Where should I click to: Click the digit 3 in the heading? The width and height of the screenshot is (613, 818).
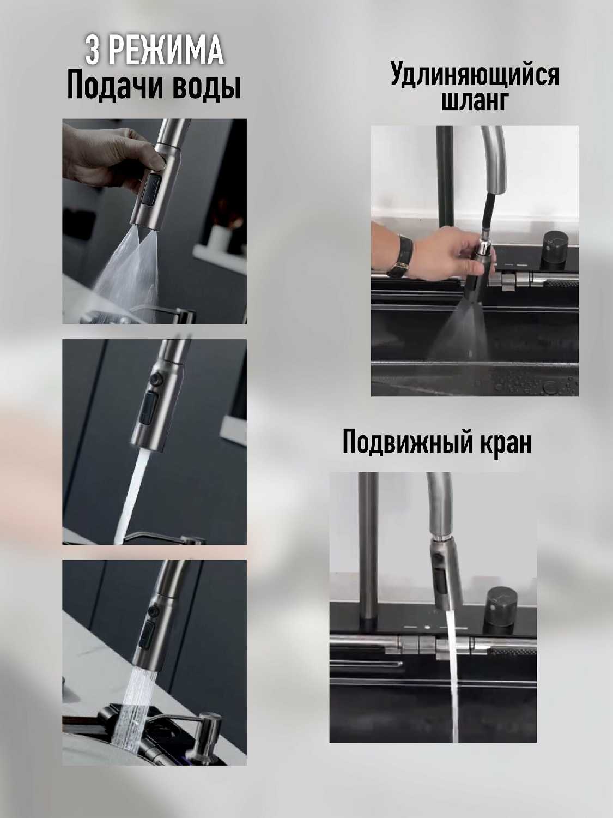pos(92,51)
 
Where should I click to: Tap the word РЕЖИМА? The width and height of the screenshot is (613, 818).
pos(166,51)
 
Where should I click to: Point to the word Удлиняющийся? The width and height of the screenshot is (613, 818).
pos(475,75)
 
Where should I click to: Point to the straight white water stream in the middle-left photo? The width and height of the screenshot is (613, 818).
pos(131,496)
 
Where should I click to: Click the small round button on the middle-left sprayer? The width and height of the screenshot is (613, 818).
pos(156,380)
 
